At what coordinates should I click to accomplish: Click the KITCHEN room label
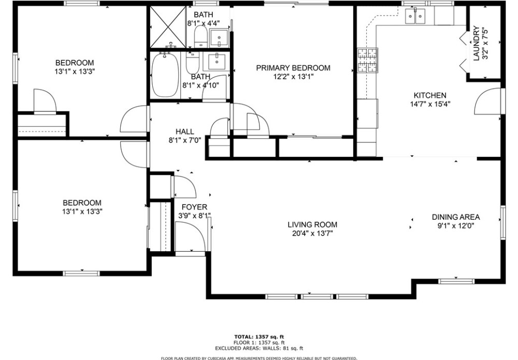point(430,95)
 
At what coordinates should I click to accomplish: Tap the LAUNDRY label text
point(476,44)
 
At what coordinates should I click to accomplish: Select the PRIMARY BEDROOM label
point(293,68)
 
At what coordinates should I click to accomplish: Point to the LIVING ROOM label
point(312,225)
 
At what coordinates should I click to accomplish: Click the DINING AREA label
point(455,217)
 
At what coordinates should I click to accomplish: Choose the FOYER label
point(194,207)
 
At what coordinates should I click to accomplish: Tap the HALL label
point(185,132)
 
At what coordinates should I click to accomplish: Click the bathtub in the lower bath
point(165,75)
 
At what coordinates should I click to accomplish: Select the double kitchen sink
point(415,16)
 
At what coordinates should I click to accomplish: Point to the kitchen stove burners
point(367,60)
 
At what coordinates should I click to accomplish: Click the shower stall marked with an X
point(168,27)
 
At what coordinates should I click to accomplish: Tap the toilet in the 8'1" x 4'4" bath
point(199,36)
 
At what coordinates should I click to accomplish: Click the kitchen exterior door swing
point(487,102)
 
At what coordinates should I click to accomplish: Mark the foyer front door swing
point(191,237)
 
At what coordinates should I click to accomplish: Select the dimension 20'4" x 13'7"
point(312,234)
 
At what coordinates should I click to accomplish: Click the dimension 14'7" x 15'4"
point(430,104)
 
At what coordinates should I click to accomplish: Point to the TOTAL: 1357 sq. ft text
point(259,337)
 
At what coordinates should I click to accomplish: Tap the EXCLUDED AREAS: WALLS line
point(259,348)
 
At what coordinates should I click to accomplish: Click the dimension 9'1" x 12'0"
point(455,226)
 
